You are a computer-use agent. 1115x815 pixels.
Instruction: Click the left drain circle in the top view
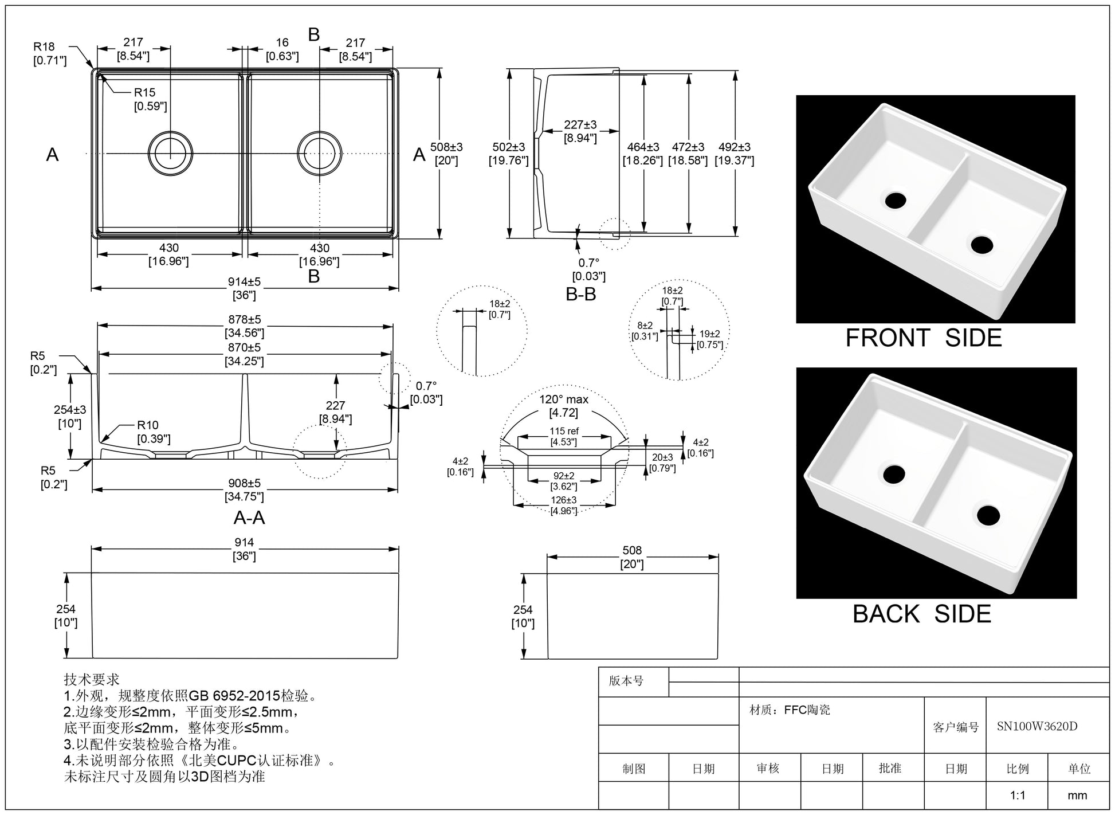click(x=170, y=154)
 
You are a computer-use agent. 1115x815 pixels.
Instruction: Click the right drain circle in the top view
click(x=320, y=154)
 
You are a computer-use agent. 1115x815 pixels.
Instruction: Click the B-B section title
click(x=581, y=295)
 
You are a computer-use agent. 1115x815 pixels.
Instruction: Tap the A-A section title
click(x=249, y=518)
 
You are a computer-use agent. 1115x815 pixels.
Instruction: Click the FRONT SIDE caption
click(x=924, y=338)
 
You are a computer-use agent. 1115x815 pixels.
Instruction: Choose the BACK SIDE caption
click(x=922, y=614)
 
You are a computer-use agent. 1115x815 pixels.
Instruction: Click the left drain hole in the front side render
click(x=895, y=200)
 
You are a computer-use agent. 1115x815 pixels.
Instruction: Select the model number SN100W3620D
click(x=1037, y=727)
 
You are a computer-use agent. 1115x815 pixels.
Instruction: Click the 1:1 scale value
click(x=1018, y=796)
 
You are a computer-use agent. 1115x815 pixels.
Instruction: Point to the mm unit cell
click(x=1078, y=796)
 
